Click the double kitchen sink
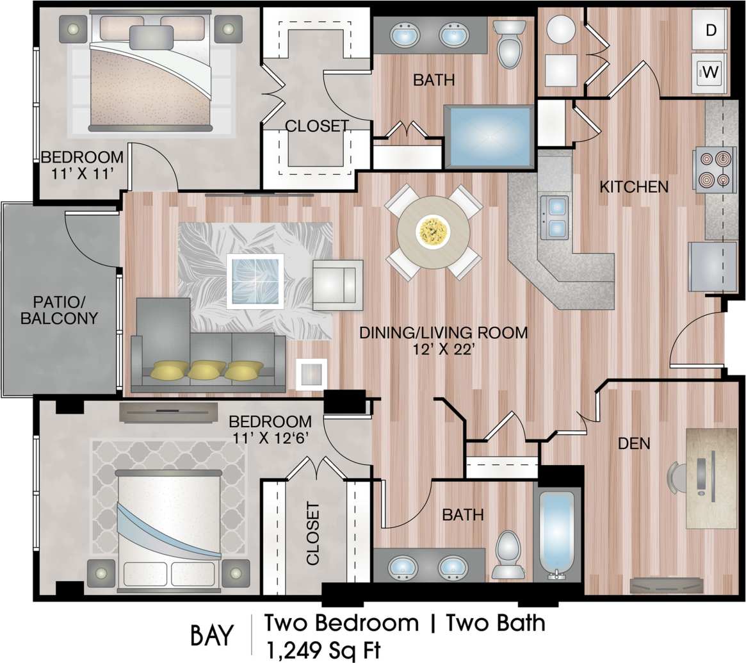pyautogui.click(x=555, y=217)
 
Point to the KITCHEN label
pyautogui.click(x=634, y=187)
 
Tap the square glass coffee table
pyautogui.click(x=255, y=281)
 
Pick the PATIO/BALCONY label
pyautogui.click(x=59, y=309)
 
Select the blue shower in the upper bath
pyautogui.click(x=489, y=137)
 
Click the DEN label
pyautogui.click(x=634, y=443)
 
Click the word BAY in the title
pyautogui.click(x=213, y=635)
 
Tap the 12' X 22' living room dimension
pyautogui.click(x=442, y=350)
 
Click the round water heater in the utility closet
pyautogui.click(x=561, y=29)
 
